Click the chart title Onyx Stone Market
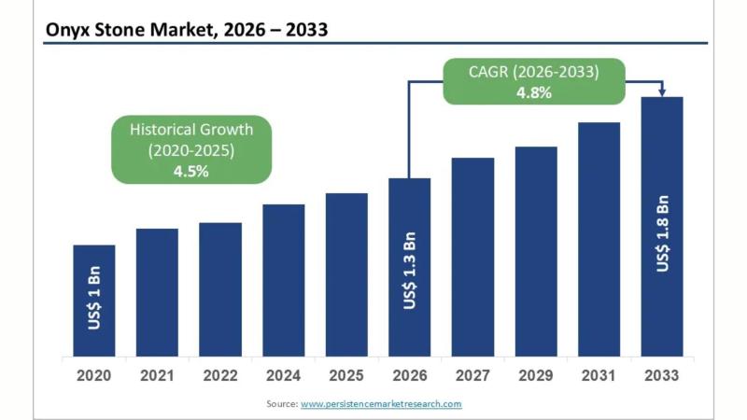(x=187, y=30)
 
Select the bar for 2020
(x=94, y=301)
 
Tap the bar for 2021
(x=157, y=292)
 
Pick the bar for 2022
(x=220, y=289)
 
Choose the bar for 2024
(x=283, y=280)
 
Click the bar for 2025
(x=346, y=274)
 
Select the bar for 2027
(x=472, y=257)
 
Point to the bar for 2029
(x=536, y=251)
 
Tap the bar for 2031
(x=599, y=239)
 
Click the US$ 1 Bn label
(x=94, y=298)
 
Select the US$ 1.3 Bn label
(x=410, y=271)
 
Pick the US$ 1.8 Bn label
(x=662, y=233)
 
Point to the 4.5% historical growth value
(x=191, y=171)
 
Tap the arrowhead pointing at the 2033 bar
(x=662, y=91)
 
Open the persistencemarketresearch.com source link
(x=381, y=403)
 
